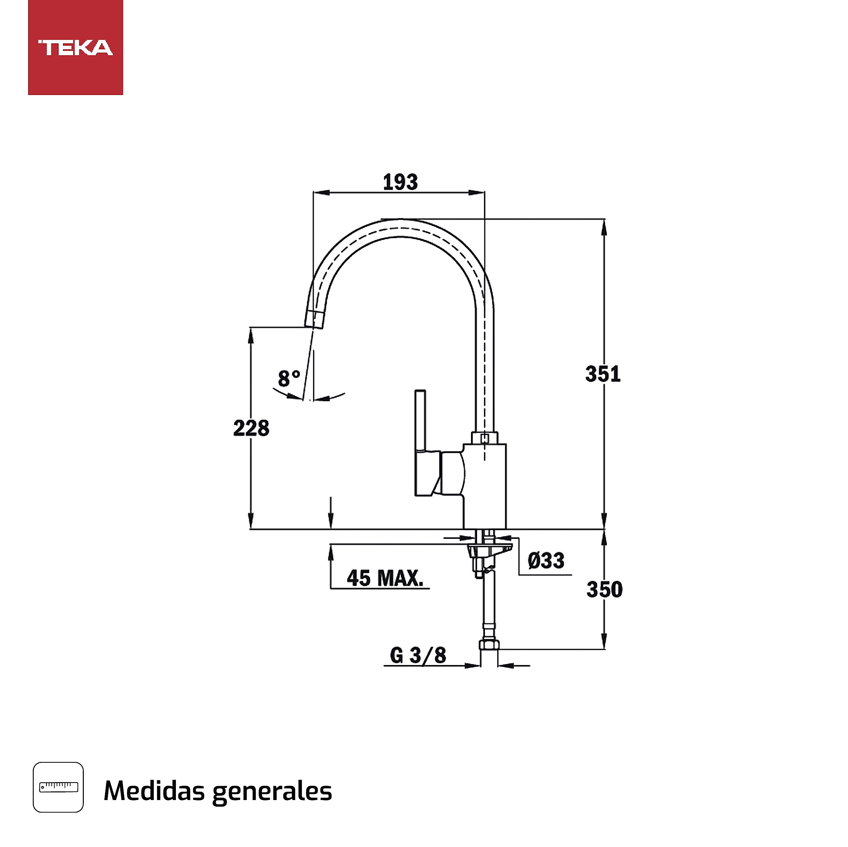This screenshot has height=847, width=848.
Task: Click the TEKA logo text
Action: pos(76,48)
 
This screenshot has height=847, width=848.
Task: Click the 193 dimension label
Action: pos(400,182)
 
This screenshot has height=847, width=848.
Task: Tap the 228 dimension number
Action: pos(251,428)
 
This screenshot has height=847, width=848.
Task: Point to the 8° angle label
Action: pos(289,378)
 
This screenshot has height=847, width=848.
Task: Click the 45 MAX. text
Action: pos(385,578)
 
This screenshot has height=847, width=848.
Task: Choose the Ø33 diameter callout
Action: pos(546,561)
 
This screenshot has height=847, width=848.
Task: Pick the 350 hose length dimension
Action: pos(605,589)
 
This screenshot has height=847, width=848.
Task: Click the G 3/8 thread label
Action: pos(418,655)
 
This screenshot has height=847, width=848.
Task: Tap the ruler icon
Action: pos(58,787)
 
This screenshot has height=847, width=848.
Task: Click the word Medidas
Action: pos(154,791)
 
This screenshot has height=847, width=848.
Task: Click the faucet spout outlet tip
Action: pos(314,319)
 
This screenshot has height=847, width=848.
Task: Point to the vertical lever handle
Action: pos(420,420)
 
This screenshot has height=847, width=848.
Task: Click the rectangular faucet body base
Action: pos(485,487)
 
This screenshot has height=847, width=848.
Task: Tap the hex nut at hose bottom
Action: pos(489,644)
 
